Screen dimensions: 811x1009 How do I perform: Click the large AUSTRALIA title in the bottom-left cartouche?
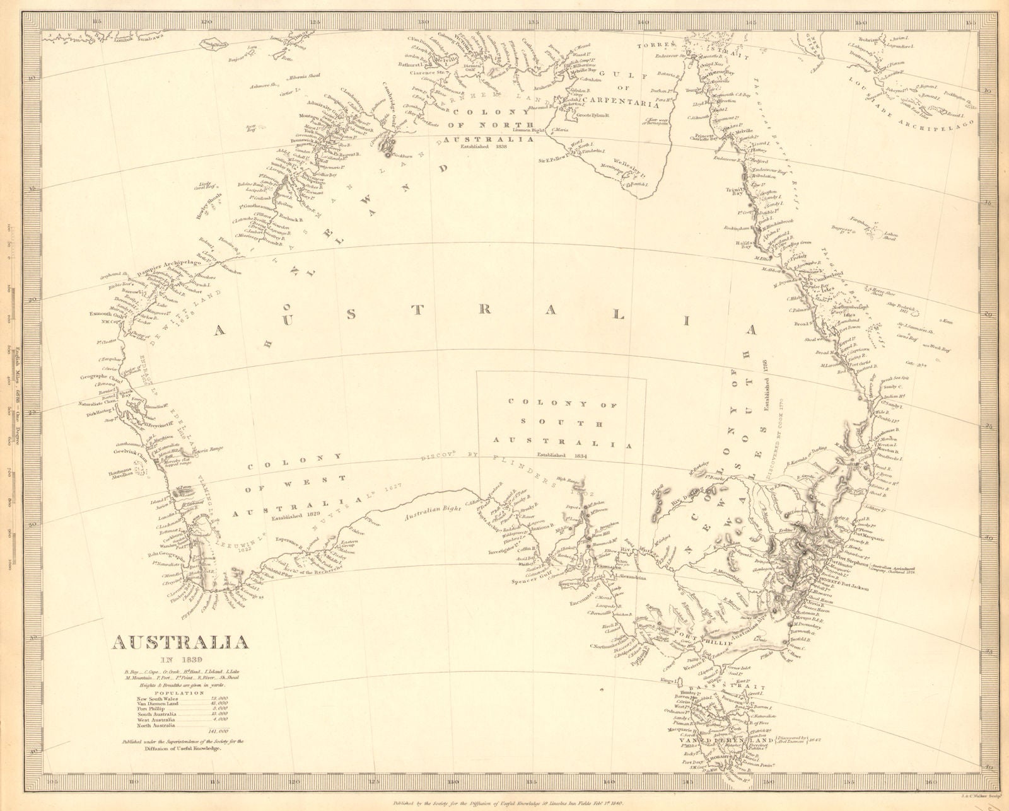click(x=180, y=643)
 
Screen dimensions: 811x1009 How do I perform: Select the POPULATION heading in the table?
click(x=179, y=692)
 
